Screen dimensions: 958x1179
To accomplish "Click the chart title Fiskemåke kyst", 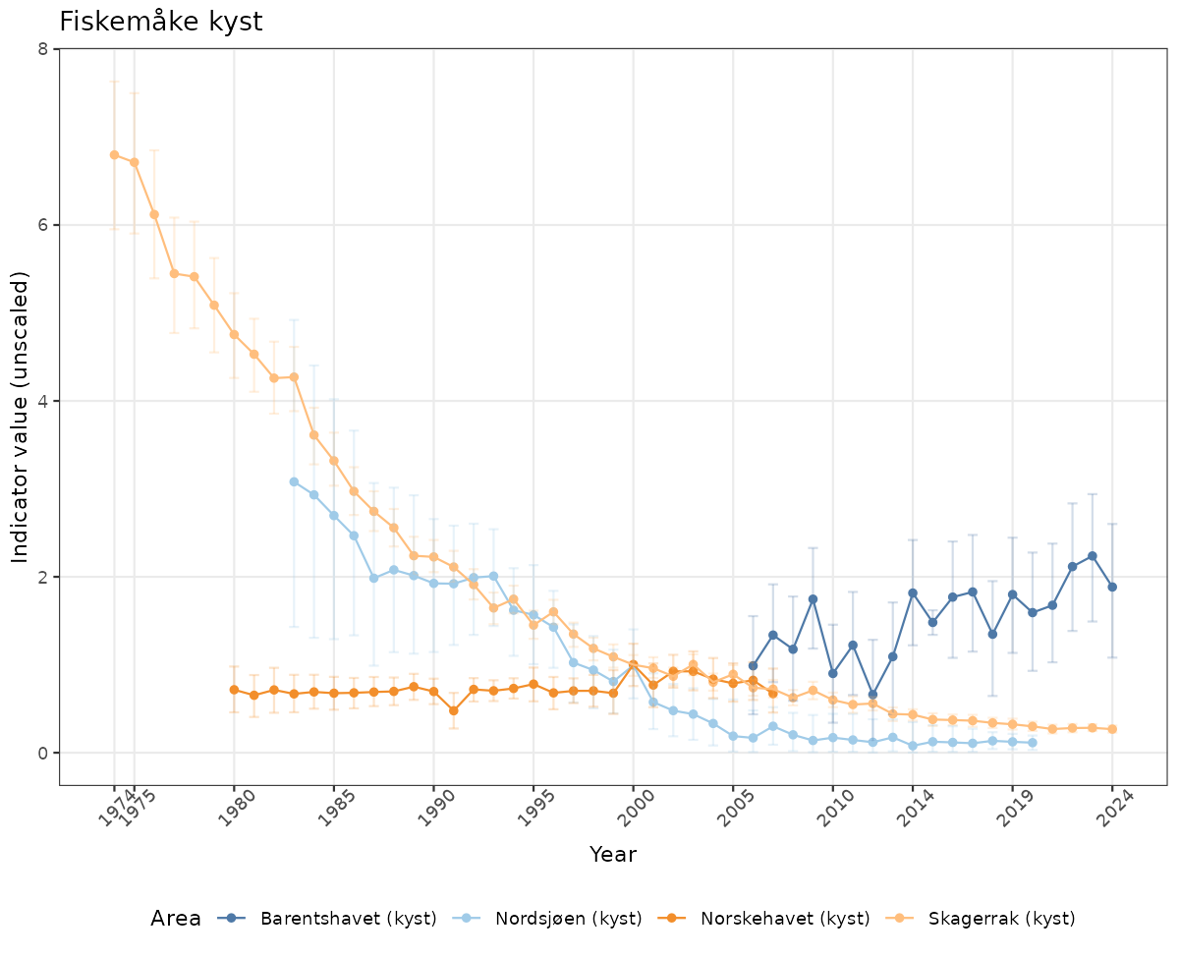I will point(161,22).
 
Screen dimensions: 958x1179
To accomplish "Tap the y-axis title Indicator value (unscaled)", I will point(22,417).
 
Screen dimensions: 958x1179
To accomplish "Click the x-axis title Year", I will point(613,854).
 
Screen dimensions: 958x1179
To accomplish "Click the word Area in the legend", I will point(176,919).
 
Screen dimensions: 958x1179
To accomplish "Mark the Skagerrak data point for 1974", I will point(114,154).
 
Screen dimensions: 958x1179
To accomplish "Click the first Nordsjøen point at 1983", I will point(294,481).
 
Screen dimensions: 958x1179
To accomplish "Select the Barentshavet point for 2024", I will point(1112,587).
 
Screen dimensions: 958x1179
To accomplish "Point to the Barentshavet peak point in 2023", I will point(1092,556).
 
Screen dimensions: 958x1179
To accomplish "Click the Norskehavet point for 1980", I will point(234,690).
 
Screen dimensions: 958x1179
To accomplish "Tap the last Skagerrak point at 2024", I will point(1112,729).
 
